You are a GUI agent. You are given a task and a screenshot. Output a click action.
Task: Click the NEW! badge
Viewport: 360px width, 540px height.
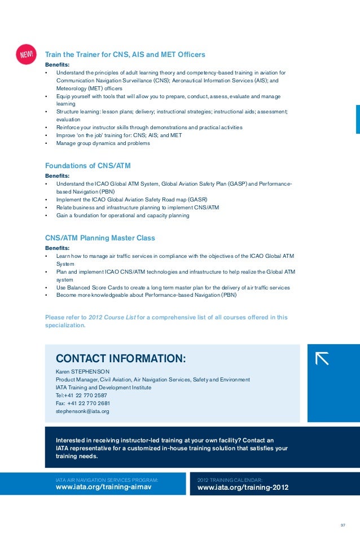point(28,54)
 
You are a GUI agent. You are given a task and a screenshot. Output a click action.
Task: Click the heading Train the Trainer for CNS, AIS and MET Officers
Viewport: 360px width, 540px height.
point(125,55)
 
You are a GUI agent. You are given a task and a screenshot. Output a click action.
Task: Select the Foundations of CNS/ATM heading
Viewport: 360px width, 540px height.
point(91,165)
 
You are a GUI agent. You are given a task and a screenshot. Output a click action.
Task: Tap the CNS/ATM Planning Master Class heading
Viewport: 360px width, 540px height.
point(100,238)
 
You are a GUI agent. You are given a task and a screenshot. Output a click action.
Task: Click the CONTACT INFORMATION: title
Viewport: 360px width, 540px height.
point(120,358)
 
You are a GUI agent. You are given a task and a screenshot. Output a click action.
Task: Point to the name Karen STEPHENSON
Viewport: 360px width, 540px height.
point(82,372)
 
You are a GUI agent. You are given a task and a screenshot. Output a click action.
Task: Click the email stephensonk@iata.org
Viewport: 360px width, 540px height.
point(82,411)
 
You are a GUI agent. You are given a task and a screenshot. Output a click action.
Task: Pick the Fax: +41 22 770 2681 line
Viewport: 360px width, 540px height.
point(83,403)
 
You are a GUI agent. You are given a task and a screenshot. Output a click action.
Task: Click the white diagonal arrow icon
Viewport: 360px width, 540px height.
point(322,358)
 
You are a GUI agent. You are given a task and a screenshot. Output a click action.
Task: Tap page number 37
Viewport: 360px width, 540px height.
point(343,526)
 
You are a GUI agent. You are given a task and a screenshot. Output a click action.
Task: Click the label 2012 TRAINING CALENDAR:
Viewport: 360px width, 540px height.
point(230,479)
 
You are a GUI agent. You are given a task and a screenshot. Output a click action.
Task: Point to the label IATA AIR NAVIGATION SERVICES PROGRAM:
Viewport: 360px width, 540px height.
point(107,479)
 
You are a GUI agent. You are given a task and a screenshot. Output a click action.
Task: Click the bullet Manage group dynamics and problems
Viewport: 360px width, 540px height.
point(103,143)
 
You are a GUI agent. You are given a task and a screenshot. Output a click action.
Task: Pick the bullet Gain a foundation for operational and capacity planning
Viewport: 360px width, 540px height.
point(122,216)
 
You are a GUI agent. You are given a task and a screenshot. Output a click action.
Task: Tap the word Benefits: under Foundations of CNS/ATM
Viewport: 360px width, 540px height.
point(57,175)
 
